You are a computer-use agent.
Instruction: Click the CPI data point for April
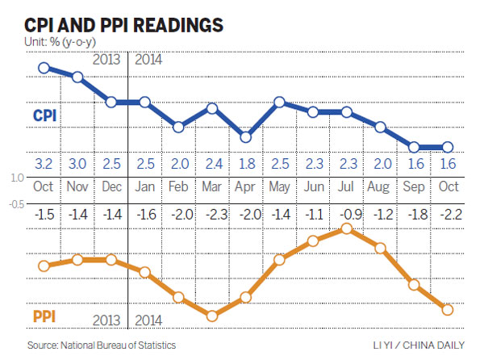(x=246, y=137)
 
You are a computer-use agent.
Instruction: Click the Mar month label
(x=212, y=188)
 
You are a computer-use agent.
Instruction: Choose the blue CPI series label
(x=47, y=117)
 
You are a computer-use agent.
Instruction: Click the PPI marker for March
(x=212, y=316)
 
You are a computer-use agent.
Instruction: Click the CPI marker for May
(x=279, y=103)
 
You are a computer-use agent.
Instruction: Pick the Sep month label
(x=414, y=188)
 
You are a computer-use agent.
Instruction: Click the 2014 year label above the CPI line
(x=149, y=59)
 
